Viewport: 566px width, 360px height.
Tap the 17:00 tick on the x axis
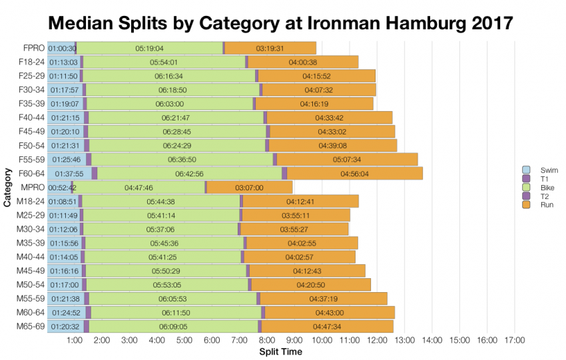point(514,341)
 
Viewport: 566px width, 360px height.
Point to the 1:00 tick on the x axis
point(75,341)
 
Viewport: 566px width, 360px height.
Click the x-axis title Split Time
point(280,351)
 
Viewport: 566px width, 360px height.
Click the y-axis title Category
point(7,188)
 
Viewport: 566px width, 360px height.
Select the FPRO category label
point(32,48)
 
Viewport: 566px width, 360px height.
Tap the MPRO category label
point(31,188)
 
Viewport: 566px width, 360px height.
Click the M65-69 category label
point(29,327)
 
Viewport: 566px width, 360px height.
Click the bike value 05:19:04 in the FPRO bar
point(149,48)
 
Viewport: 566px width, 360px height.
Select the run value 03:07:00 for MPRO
point(249,188)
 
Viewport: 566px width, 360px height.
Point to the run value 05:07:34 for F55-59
point(347,160)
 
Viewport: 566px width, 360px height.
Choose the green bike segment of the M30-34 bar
point(160,230)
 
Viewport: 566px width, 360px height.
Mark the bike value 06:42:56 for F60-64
point(189,174)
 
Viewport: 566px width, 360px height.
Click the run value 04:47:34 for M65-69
point(327,327)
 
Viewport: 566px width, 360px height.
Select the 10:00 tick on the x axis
point(322,341)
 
